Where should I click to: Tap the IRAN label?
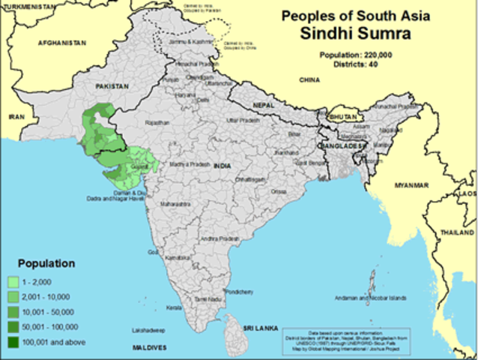(x=16, y=118)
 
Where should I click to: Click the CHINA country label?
(x=308, y=79)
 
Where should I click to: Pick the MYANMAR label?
(x=412, y=185)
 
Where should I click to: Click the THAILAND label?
(x=459, y=233)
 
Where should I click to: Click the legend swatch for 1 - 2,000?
(x=34, y=281)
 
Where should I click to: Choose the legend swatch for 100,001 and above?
(x=34, y=341)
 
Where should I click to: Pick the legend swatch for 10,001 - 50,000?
(x=34, y=311)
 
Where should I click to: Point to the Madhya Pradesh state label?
(x=188, y=163)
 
